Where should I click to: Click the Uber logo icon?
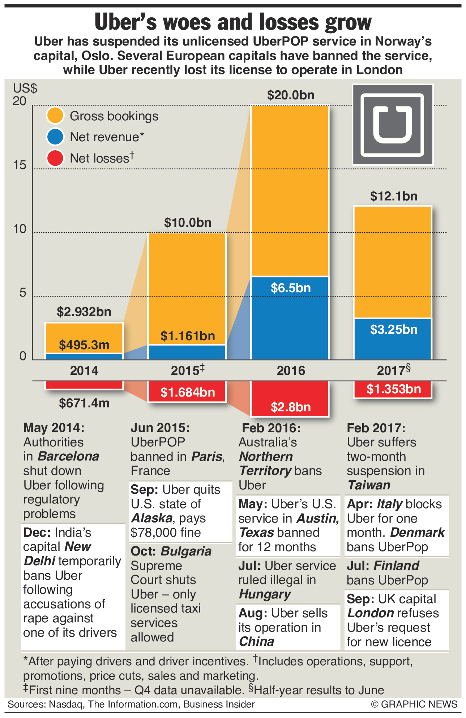[393, 125]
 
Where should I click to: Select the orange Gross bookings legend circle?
[55, 116]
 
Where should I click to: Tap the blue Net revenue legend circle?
[55, 137]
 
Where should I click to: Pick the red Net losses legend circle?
[55, 158]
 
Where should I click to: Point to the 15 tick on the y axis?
[20, 165]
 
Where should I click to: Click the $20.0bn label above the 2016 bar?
[291, 95]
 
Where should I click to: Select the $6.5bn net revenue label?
[291, 288]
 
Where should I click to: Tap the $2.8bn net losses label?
[291, 407]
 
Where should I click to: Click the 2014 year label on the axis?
[84, 371]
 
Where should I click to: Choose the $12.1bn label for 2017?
[393, 196]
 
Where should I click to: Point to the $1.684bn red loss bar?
[187, 392]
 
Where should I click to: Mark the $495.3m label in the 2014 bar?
[84, 345]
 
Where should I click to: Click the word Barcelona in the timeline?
[68, 456]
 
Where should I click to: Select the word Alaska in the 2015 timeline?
[152, 518]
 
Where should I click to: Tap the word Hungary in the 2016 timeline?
[265, 594]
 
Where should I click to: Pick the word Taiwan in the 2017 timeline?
[369, 485]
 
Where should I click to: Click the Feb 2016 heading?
[271, 428]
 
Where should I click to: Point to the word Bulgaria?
[186, 552]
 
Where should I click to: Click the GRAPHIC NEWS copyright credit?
[414, 704]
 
